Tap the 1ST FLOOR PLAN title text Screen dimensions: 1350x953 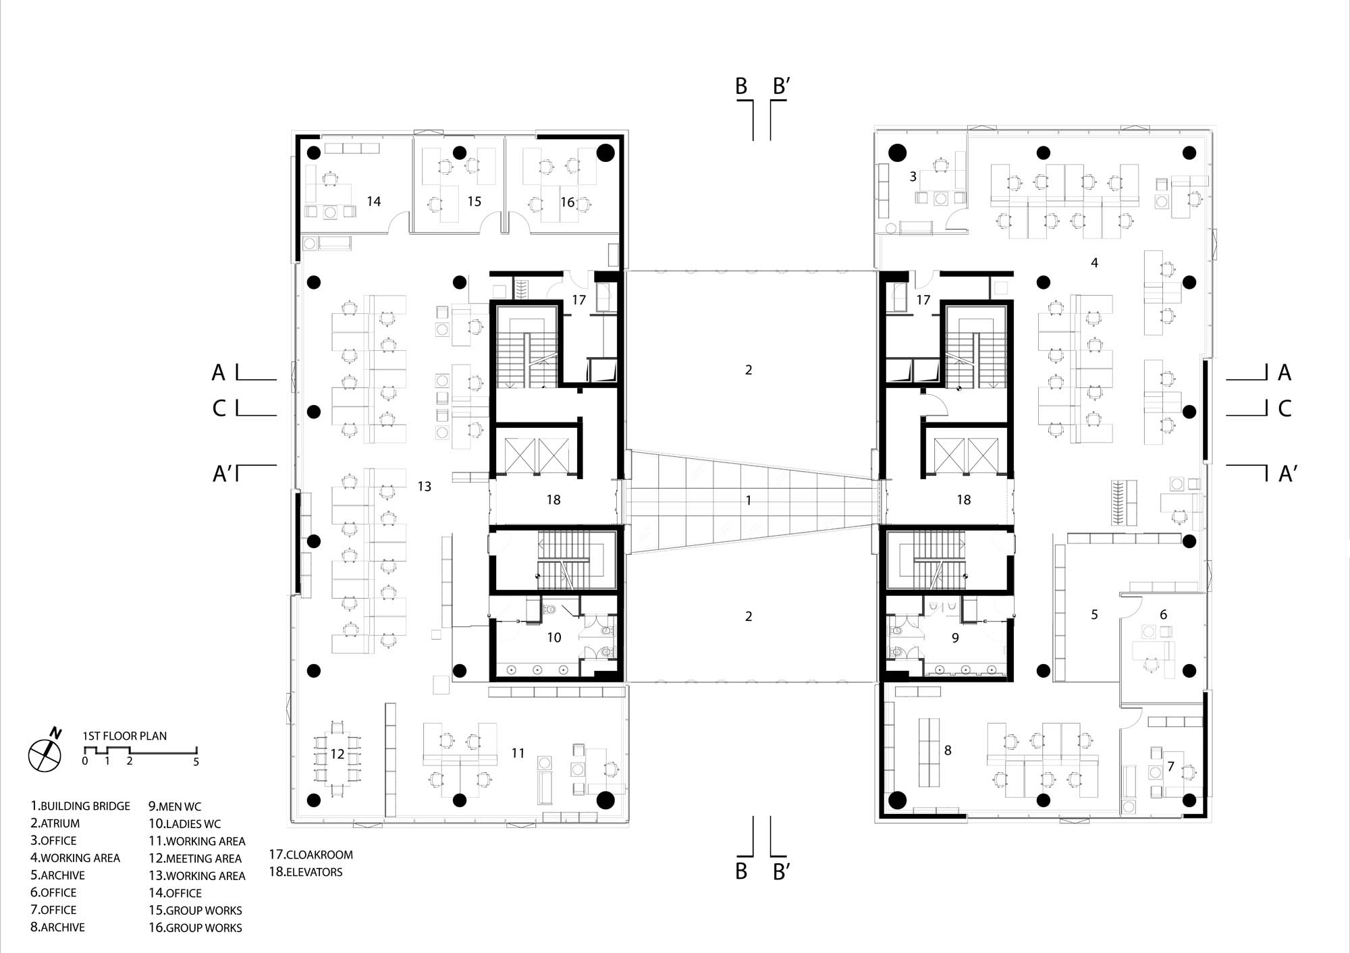[x=124, y=736]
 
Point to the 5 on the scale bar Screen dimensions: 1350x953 [x=196, y=762]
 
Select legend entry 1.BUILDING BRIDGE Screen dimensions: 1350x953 [x=80, y=806]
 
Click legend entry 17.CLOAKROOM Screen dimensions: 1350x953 [x=310, y=854]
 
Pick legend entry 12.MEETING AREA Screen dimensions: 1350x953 [x=195, y=859]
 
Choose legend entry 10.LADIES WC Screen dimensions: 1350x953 [x=184, y=824]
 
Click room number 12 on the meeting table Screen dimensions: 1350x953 [x=337, y=754]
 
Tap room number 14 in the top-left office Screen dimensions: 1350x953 [x=373, y=201]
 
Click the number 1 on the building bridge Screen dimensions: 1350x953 [x=748, y=500]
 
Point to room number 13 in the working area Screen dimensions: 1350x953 [x=424, y=486]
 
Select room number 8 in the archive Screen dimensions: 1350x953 [x=948, y=750]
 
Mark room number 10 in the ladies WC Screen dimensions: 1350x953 [x=553, y=637]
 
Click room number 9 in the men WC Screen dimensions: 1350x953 [x=955, y=637]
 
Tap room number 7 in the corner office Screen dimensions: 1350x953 [x=1170, y=766]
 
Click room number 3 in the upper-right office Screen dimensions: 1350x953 [x=913, y=176]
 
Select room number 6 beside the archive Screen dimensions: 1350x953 [x=1163, y=614]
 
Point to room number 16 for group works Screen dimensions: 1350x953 [x=567, y=202]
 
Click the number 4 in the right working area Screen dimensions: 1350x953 [x=1094, y=263]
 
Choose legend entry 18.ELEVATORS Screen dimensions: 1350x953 [x=305, y=872]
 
